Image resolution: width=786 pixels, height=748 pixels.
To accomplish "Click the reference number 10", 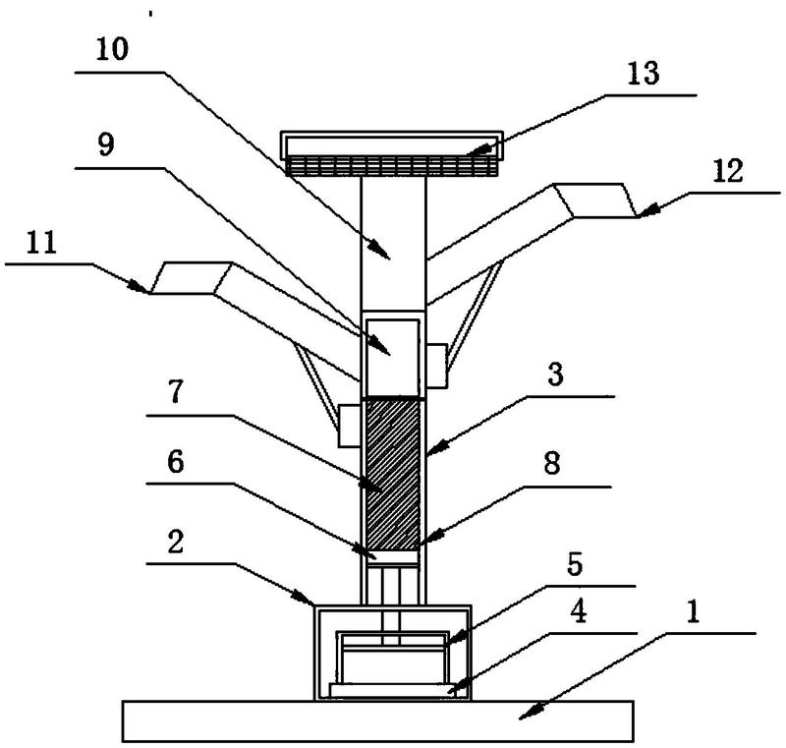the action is (x=112, y=49).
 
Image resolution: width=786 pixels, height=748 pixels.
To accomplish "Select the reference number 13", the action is (x=644, y=73).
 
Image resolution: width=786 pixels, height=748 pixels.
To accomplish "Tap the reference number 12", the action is (x=728, y=171).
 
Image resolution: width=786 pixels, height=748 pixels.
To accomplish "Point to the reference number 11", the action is (x=41, y=243).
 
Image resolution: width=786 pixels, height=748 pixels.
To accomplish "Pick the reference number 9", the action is (x=106, y=144).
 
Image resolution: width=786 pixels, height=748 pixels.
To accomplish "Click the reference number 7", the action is (x=175, y=391).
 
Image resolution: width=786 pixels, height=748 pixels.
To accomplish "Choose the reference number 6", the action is (x=176, y=462).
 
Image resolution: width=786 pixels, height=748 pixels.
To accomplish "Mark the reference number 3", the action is (x=555, y=374).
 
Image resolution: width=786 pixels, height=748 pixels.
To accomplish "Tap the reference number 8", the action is (x=552, y=463).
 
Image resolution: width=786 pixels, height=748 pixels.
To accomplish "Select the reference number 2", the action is (x=175, y=542).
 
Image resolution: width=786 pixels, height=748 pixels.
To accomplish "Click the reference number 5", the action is (x=575, y=564).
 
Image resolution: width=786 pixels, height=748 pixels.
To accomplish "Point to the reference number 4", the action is (x=579, y=611).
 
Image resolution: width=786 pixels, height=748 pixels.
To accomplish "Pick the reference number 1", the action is (x=693, y=612).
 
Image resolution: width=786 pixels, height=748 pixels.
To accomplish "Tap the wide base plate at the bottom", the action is (x=378, y=720).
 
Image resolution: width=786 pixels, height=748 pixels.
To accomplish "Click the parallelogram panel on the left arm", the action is (x=191, y=278).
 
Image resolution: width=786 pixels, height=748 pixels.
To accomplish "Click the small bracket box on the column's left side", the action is (x=349, y=427).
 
